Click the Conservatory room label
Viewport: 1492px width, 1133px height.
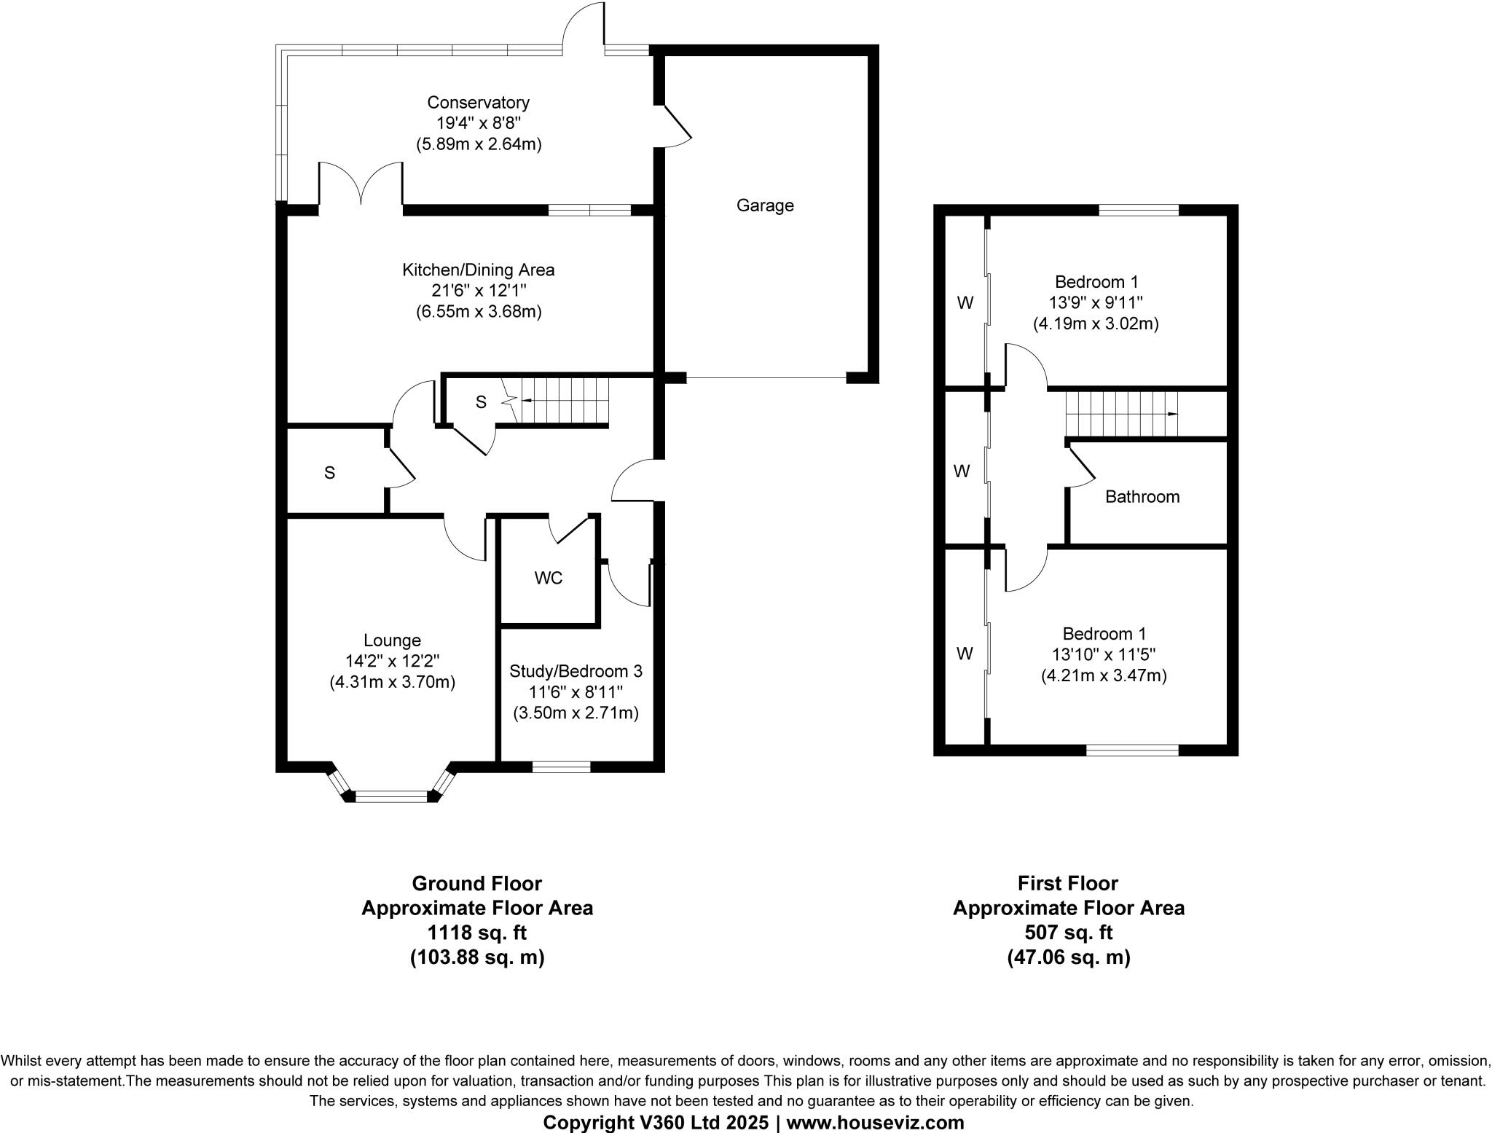(478, 103)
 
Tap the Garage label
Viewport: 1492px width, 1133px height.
(765, 205)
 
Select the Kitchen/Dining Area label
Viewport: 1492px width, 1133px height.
(479, 270)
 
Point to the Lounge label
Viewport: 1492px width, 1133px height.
(393, 640)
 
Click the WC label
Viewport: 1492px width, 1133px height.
(549, 579)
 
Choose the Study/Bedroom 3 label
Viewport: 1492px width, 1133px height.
(576, 671)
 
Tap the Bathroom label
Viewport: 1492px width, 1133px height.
(1142, 497)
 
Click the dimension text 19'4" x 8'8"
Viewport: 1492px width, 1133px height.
(479, 123)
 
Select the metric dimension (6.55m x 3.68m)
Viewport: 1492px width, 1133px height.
(479, 312)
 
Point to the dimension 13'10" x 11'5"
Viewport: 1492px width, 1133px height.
(1104, 654)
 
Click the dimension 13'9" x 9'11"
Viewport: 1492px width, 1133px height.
(1096, 302)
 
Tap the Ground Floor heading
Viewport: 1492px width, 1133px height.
(477, 884)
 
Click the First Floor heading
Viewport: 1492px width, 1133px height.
(1068, 884)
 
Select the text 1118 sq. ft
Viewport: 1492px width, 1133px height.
(477, 933)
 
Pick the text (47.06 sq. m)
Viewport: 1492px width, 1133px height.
(1069, 957)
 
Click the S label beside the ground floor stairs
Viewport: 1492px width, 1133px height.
(481, 402)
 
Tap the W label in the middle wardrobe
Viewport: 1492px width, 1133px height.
(962, 471)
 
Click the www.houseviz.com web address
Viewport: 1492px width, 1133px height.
(875, 1123)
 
